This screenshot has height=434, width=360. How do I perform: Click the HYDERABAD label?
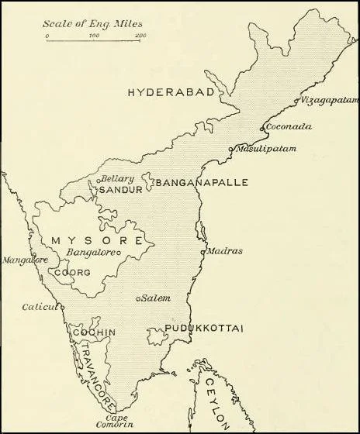click(x=170, y=93)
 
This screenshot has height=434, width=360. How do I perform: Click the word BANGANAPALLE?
click(x=202, y=183)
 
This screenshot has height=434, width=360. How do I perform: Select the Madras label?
click(x=226, y=251)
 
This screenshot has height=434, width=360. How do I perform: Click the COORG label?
click(x=74, y=273)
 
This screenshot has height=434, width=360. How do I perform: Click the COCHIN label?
click(x=94, y=333)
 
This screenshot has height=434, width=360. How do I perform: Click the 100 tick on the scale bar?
click(x=94, y=36)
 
